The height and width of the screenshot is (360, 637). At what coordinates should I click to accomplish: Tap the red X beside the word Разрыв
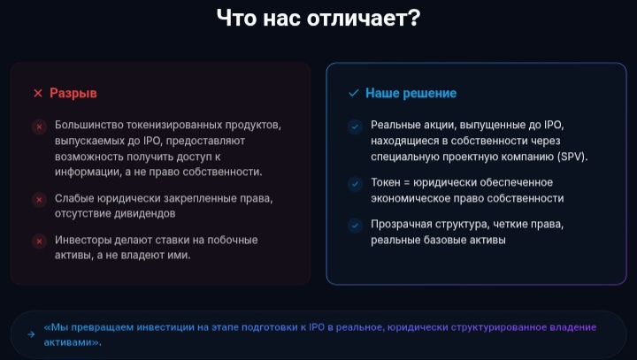pos(37,93)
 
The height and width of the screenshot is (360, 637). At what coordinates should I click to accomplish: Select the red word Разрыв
pos(73,93)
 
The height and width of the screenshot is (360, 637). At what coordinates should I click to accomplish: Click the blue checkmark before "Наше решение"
pos(354,93)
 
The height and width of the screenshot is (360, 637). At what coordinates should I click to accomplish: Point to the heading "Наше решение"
pos(411,93)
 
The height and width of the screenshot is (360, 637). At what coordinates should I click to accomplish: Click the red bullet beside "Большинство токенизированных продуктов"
pos(39,126)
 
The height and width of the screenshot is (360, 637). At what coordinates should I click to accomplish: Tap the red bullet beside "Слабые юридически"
pos(39,199)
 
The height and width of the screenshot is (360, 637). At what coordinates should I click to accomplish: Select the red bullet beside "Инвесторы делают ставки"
pos(39,241)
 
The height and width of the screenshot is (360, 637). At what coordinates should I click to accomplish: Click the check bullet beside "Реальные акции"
pos(356,126)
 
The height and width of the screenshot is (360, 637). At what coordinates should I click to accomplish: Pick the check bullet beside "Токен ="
pos(356,184)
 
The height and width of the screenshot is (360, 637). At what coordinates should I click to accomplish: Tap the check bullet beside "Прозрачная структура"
pos(356,226)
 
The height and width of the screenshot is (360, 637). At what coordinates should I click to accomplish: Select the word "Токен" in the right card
pos(387,183)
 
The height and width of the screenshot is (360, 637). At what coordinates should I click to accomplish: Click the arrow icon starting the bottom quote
pos(33,334)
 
